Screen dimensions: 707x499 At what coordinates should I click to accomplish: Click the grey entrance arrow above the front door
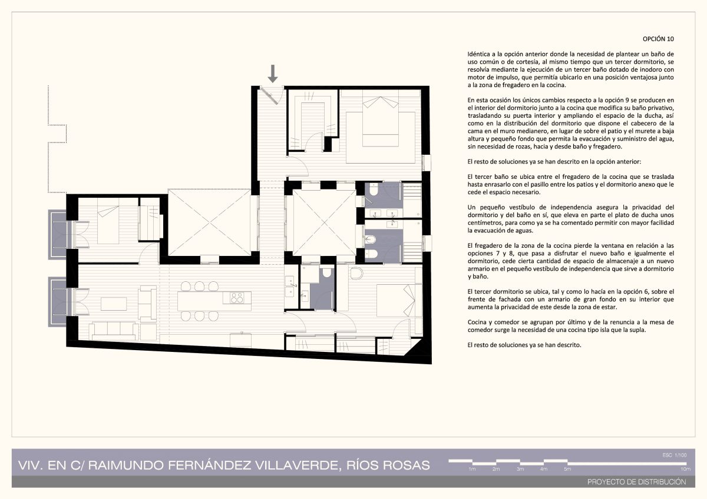click(273, 74)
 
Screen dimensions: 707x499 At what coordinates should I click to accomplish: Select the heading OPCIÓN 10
click(658, 39)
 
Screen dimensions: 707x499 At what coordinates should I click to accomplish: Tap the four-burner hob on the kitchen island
click(237, 298)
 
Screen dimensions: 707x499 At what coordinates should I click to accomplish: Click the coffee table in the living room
click(114, 304)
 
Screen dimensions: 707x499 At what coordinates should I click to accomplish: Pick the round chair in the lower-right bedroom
click(356, 273)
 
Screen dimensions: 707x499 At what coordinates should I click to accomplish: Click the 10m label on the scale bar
click(686, 470)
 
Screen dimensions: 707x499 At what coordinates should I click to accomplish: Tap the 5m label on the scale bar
click(567, 470)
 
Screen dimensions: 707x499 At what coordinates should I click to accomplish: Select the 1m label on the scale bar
click(472, 470)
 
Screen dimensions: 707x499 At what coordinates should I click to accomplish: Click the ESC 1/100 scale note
click(675, 455)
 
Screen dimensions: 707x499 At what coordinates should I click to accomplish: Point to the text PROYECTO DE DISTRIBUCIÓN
click(637, 482)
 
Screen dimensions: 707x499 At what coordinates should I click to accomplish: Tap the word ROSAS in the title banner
click(407, 465)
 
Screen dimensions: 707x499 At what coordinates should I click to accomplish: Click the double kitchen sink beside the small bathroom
click(290, 287)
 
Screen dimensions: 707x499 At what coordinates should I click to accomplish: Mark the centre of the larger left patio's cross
click(210, 222)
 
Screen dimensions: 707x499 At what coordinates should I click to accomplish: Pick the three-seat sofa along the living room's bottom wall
click(114, 331)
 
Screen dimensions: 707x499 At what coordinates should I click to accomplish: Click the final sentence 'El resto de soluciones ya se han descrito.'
click(524, 345)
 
